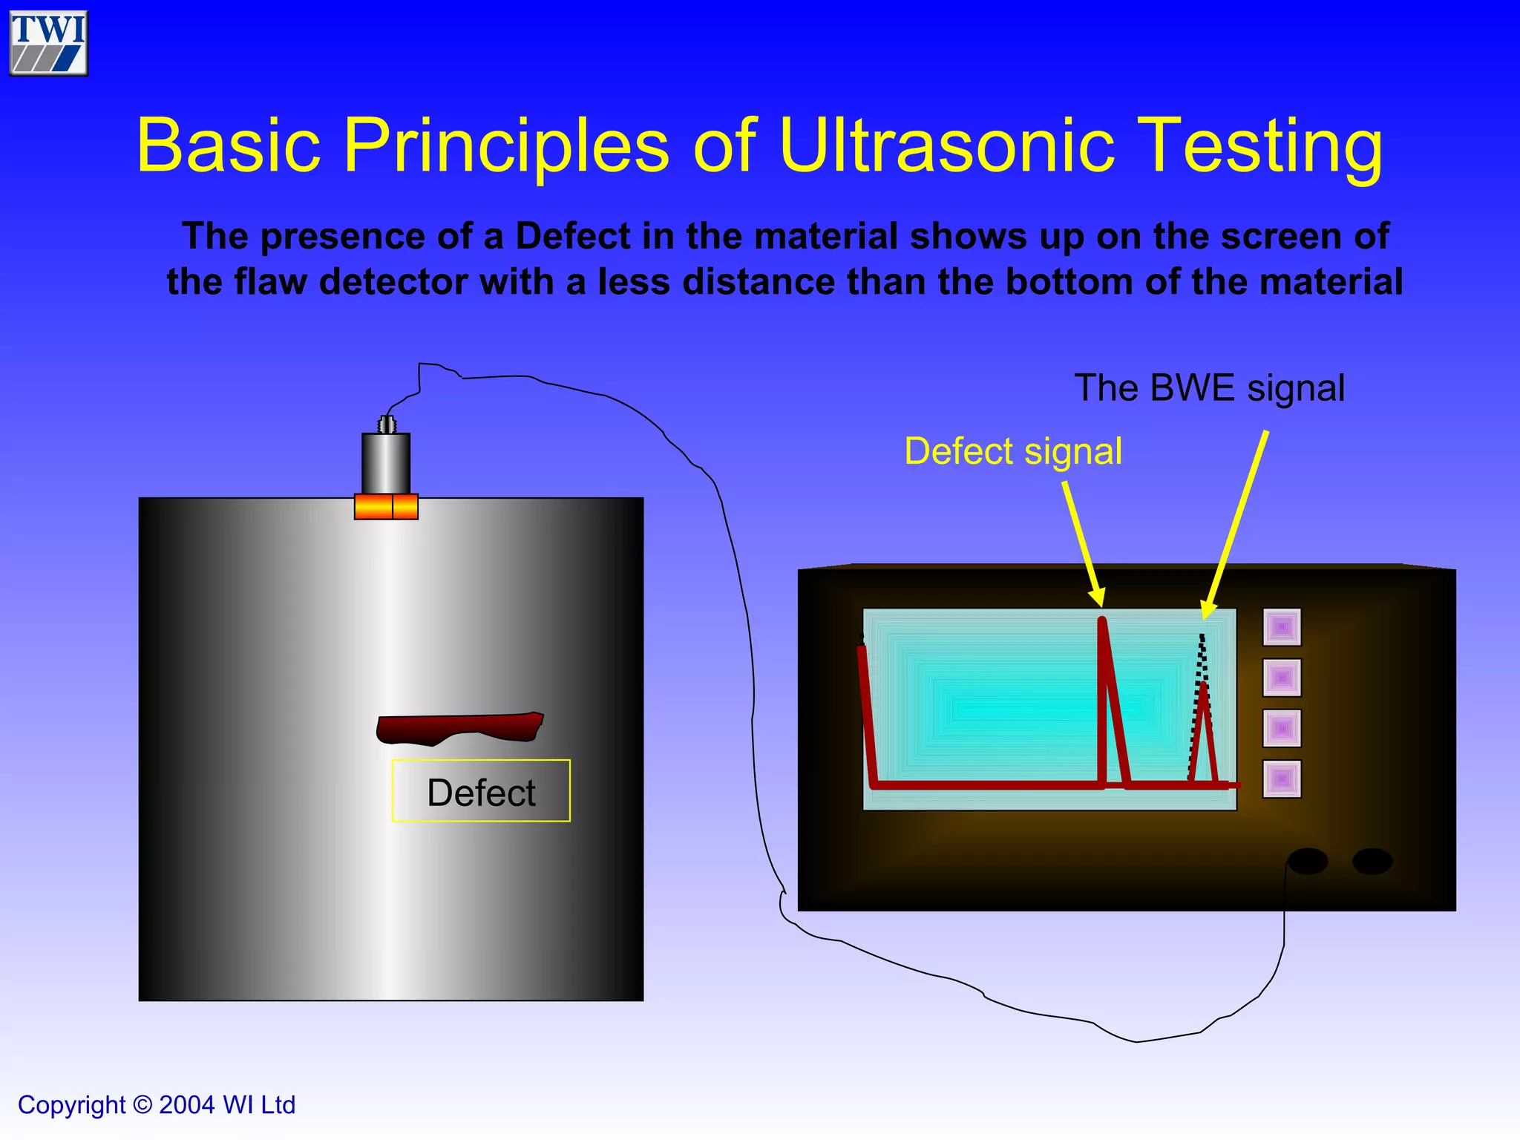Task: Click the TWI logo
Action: click(49, 43)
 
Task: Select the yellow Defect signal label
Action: click(1013, 451)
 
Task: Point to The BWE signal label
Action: click(1209, 388)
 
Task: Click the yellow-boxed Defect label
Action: click(481, 791)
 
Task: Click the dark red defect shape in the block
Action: click(460, 727)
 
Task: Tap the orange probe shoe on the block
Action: click(386, 507)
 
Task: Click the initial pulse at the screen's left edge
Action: click(866, 712)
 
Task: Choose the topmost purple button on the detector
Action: click(1282, 628)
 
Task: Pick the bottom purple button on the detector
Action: click(1282, 779)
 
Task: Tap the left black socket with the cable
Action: click(1308, 862)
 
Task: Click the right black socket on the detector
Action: click(1372, 862)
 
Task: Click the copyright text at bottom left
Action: click(157, 1105)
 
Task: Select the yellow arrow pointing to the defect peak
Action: click(1082, 542)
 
